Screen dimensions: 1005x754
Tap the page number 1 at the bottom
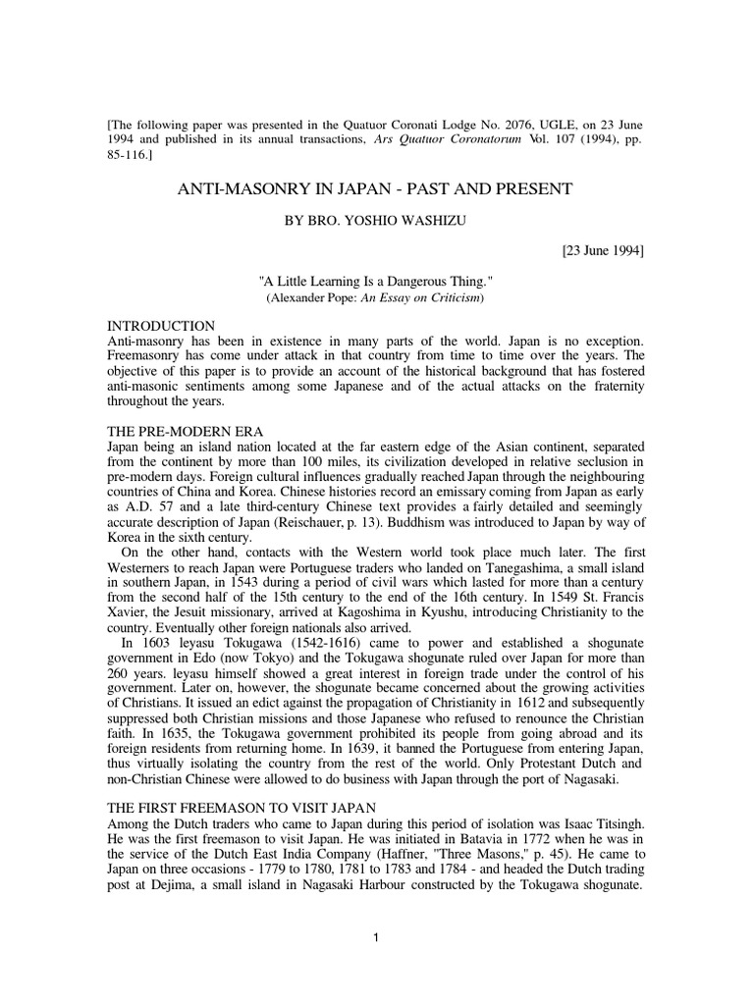[375, 936]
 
